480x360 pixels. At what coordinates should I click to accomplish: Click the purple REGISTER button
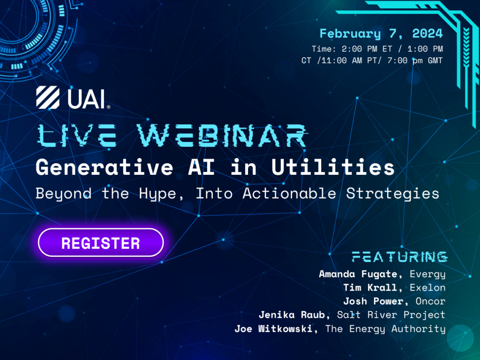click(x=100, y=243)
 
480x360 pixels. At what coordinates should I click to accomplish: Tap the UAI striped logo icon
click(x=47, y=99)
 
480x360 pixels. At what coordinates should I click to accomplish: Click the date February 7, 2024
click(x=381, y=34)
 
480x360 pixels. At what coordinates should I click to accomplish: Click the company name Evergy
click(x=427, y=274)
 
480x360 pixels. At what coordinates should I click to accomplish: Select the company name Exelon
click(x=427, y=287)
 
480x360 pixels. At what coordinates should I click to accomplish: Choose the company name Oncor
click(x=430, y=301)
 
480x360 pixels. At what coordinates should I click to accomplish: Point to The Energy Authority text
click(x=385, y=329)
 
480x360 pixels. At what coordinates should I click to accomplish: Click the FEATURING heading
click(x=399, y=256)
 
